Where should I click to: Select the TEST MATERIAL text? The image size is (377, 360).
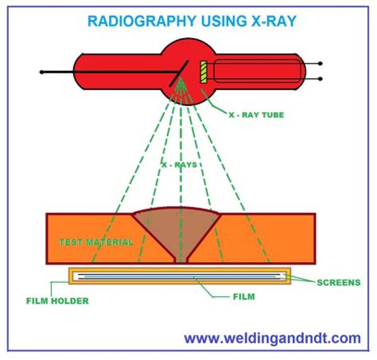[x=95, y=243]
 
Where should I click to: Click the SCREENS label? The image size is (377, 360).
[x=338, y=282]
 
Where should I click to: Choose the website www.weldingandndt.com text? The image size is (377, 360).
[x=272, y=338]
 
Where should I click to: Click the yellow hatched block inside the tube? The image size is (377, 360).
[x=204, y=72]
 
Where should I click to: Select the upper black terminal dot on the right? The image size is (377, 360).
[x=320, y=64]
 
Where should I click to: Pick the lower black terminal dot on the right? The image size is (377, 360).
[x=320, y=79]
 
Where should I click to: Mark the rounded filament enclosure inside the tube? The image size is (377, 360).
[x=257, y=71]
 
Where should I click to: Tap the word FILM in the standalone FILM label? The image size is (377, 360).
[x=243, y=297]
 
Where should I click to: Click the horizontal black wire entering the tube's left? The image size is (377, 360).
[x=105, y=72]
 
